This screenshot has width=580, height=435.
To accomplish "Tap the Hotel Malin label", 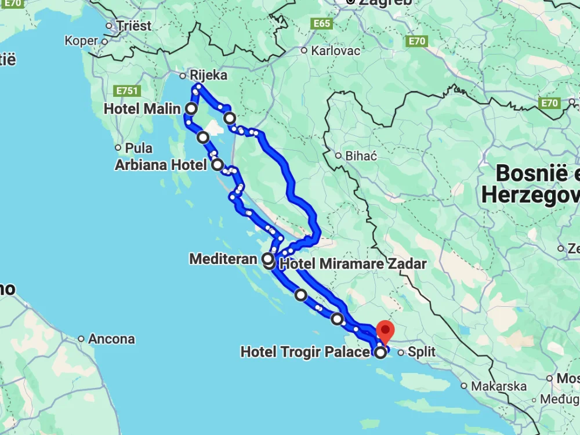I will (142, 108).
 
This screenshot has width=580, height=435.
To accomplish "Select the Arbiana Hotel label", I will (161, 165).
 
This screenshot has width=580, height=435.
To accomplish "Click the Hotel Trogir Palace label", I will (304, 352).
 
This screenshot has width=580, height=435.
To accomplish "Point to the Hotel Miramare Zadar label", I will (353, 264).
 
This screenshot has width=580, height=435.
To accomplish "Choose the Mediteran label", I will (223, 259).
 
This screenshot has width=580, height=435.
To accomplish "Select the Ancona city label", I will (111, 339).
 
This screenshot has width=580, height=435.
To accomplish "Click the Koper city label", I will (82, 41).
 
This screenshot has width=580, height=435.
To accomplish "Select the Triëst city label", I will (133, 26).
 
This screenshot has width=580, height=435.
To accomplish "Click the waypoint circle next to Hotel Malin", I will (191, 108).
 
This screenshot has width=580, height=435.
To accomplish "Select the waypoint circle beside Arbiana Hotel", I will (217, 165).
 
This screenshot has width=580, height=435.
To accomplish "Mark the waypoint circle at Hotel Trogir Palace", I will (380, 352).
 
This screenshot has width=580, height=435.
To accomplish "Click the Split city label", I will (421, 351).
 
